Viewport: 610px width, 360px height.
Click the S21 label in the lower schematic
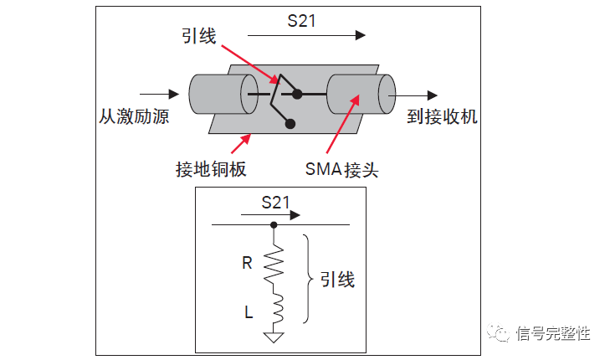pyautogui.click(x=274, y=202)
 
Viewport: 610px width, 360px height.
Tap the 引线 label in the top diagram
pyautogui.click(x=198, y=36)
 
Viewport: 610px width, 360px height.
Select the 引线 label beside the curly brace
pyautogui.click(x=337, y=280)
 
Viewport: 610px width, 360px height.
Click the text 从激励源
pyautogui.click(x=133, y=116)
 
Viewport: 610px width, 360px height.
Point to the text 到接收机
pyautogui.click(x=443, y=116)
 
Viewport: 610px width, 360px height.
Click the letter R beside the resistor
pyautogui.click(x=247, y=263)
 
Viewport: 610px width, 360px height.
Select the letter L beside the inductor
pyautogui.click(x=249, y=312)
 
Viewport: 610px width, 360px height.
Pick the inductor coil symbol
pyautogui.click(x=274, y=310)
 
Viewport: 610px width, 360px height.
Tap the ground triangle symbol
pyautogui.click(x=274, y=337)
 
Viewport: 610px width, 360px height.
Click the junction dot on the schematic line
pyautogui.click(x=274, y=224)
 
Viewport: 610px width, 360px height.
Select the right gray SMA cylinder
pyautogui.click(x=361, y=94)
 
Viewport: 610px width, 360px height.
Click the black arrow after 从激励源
pyautogui.click(x=160, y=93)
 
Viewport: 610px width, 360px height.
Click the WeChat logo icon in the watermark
pyautogui.click(x=500, y=334)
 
